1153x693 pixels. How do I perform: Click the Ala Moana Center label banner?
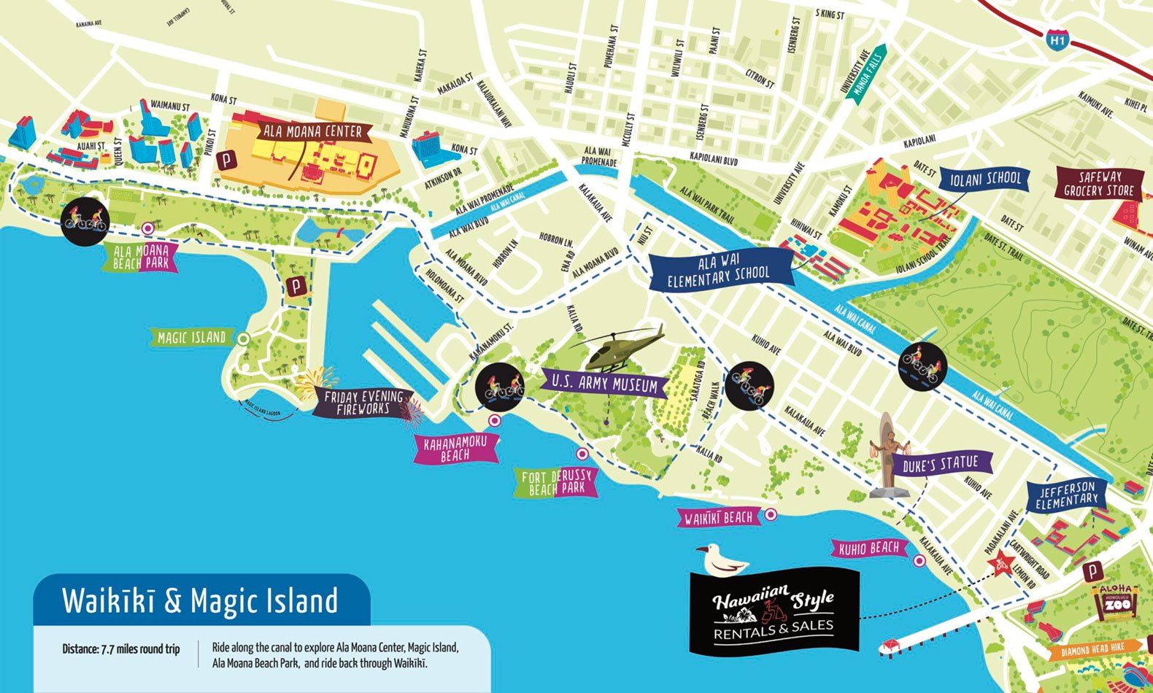(314, 132)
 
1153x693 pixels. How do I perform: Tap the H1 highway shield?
(1057, 40)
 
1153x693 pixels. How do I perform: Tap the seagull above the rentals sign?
(721, 560)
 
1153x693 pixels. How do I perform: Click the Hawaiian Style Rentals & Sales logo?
(774, 611)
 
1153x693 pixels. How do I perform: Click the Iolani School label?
(985, 179)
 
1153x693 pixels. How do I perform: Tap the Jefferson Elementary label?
(1066, 495)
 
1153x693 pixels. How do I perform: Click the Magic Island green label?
(192, 338)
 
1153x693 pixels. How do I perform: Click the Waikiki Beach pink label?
(718, 518)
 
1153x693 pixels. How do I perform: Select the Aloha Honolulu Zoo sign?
(1114, 603)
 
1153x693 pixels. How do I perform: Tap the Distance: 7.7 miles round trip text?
(121, 649)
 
